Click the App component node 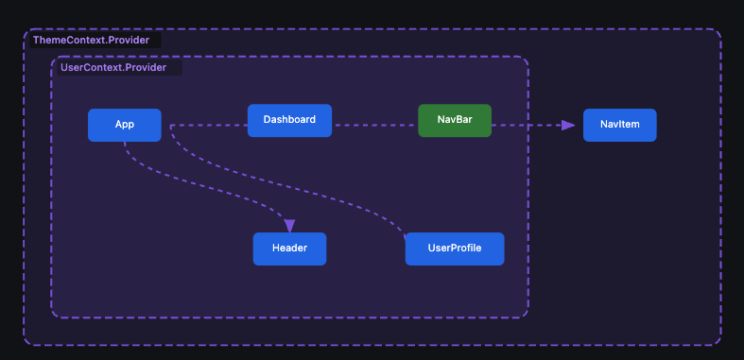124,125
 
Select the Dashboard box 289,120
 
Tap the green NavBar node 455,120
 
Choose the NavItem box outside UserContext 619,125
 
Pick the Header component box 289,249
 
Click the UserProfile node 455,249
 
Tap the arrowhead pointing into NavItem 567,125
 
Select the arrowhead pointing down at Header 289,225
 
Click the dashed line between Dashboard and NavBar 374,125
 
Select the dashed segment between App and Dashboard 208,125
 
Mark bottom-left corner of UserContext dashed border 53,316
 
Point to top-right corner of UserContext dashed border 526,59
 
